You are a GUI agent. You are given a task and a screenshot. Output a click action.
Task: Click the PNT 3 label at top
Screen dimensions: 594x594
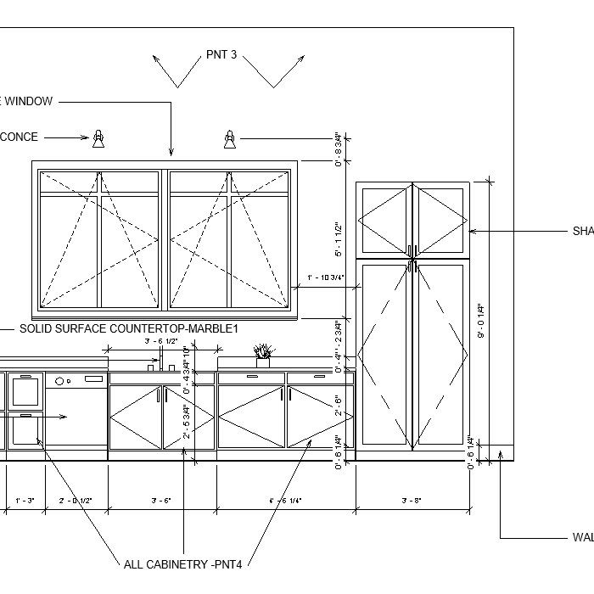click(221, 55)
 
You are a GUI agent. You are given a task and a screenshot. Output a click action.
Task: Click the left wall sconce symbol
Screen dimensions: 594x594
click(98, 137)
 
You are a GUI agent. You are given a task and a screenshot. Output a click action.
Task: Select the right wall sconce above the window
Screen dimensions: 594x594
click(229, 137)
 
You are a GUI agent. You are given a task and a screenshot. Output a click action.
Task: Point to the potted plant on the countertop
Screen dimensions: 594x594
click(263, 354)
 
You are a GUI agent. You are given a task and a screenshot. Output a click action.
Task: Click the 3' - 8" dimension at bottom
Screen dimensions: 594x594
click(412, 501)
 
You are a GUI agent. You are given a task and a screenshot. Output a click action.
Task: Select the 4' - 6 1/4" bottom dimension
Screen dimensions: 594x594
click(285, 501)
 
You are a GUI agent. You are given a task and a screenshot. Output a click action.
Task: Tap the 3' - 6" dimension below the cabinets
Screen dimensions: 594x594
click(161, 501)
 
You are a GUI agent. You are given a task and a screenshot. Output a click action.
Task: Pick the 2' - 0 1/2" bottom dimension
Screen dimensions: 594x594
click(76, 501)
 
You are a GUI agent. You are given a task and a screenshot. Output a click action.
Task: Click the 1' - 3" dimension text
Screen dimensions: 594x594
click(25, 501)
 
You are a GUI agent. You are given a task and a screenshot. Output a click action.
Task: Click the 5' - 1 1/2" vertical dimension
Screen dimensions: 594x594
click(338, 240)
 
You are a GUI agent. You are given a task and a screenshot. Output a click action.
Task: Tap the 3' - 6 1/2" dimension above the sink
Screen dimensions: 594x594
click(160, 341)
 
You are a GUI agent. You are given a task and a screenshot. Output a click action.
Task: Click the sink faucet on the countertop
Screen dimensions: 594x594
click(153, 365)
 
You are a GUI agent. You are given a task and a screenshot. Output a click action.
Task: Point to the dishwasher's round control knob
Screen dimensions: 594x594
click(61, 381)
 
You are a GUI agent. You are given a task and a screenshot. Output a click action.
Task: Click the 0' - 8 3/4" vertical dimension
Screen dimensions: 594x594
click(338, 148)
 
